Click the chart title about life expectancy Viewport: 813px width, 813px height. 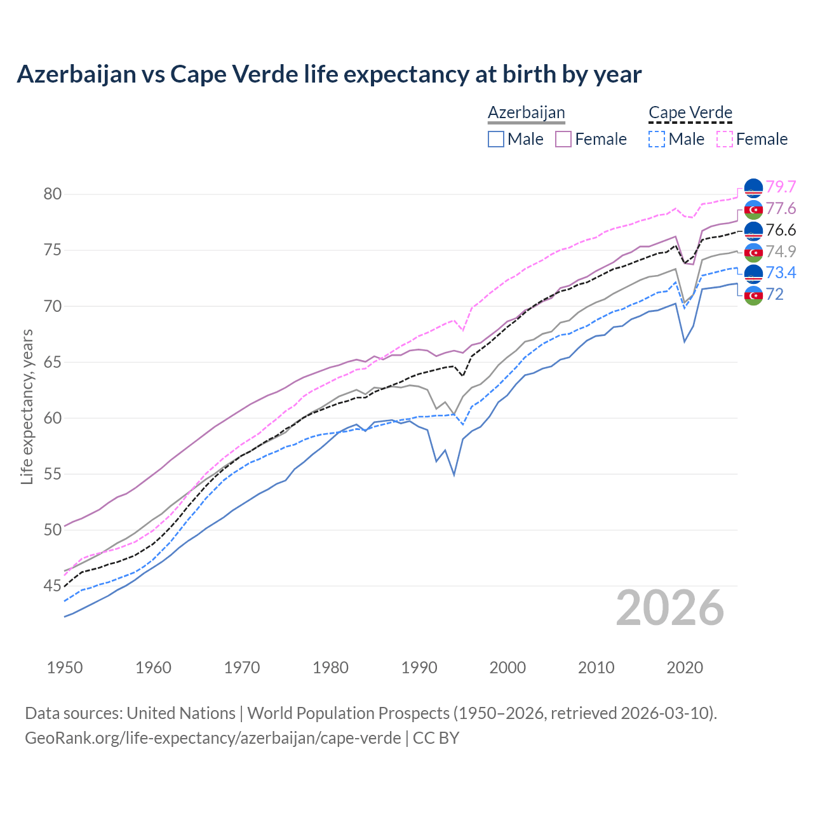pyautogui.click(x=329, y=74)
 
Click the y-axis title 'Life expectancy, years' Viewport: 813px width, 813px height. pyautogui.click(x=27, y=406)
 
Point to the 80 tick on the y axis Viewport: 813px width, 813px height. pyautogui.click(x=52, y=194)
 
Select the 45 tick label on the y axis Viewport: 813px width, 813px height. pyautogui.click(x=52, y=586)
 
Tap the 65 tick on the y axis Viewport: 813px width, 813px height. pyautogui.click(x=52, y=362)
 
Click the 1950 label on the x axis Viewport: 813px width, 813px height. pyautogui.click(x=65, y=668)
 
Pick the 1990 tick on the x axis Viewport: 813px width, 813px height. pyautogui.click(x=419, y=668)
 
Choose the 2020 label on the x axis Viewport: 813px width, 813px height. pyautogui.click(x=685, y=668)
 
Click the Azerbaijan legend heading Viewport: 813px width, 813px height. pyautogui.click(x=526, y=113)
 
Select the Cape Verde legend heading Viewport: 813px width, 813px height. pyautogui.click(x=690, y=113)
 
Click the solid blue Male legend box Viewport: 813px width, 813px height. pyautogui.click(x=496, y=139)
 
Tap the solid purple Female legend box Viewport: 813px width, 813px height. pyautogui.click(x=563, y=139)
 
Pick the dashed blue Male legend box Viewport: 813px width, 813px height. pyautogui.click(x=657, y=139)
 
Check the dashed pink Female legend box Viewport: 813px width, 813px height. pyautogui.click(x=725, y=139)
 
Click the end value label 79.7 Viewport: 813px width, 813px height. pyautogui.click(x=781, y=187)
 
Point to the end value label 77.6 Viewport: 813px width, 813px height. pyautogui.click(x=781, y=209)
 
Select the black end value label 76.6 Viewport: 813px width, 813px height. pyautogui.click(x=781, y=230)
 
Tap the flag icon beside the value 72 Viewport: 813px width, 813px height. pyautogui.click(x=753, y=295)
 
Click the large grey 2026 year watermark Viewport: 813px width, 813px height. pyautogui.click(x=669, y=608)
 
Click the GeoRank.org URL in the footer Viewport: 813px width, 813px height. pyautogui.click(x=213, y=738)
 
